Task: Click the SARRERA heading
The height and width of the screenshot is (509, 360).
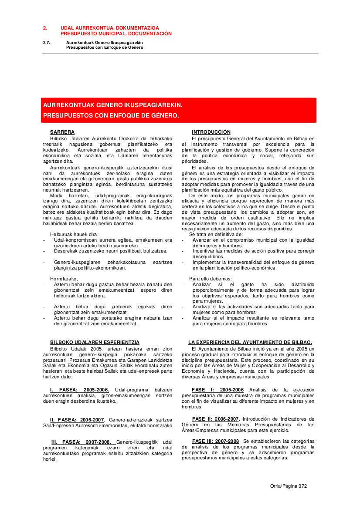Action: (x=62, y=132)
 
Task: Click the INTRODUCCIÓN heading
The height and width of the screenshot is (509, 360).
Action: (x=211, y=132)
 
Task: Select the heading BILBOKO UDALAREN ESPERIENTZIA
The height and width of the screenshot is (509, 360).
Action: (x=95, y=343)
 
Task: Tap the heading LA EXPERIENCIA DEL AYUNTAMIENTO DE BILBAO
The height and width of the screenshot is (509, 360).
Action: (x=250, y=343)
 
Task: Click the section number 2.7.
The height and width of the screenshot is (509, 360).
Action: (x=47, y=42)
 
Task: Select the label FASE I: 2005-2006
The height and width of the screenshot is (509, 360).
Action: (x=217, y=390)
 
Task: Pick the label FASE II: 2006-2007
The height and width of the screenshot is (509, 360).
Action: (x=215, y=419)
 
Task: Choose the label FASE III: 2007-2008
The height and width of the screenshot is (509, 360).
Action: (x=215, y=441)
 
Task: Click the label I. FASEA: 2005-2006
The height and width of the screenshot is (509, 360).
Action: (x=79, y=390)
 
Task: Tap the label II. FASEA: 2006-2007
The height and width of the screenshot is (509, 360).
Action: (x=77, y=419)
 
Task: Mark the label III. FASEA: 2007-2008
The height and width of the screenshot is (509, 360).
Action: (x=81, y=442)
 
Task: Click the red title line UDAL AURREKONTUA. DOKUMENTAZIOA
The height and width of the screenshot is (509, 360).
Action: (x=109, y=27)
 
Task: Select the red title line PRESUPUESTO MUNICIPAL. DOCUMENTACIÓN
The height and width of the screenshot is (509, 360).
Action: (x=116, y=34)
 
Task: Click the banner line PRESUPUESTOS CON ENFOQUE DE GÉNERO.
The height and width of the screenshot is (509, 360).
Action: (x=111, y=116)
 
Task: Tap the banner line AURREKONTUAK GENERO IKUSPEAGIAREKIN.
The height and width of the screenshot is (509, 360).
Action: (x=112, y=105)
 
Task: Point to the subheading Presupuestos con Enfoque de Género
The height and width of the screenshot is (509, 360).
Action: (x=105, y=47)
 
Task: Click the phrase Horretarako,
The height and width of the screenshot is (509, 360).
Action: (x=64, y=278)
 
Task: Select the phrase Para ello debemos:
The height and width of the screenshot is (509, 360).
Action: (x=211, y=278)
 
